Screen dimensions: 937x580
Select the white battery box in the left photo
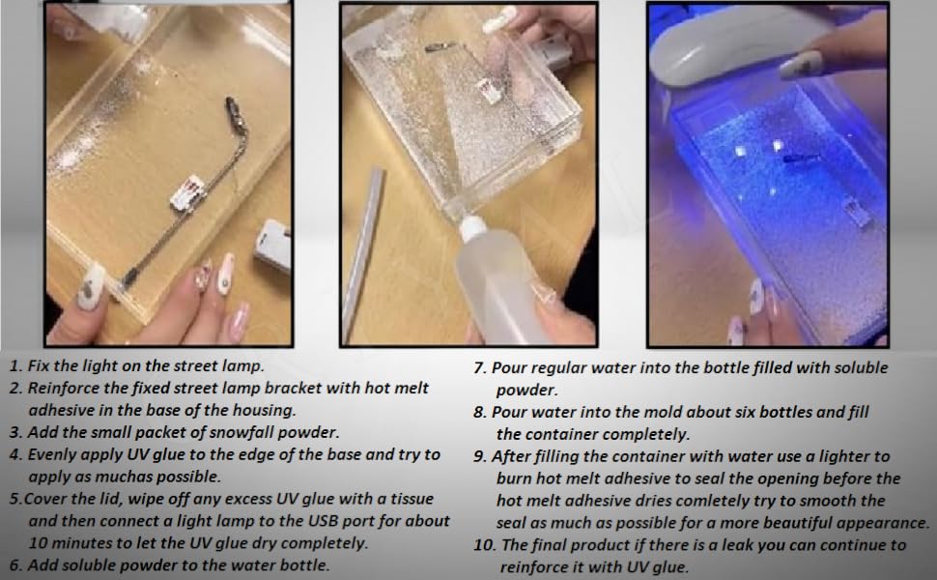coord(273,246)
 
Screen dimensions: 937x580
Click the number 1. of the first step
coord(15,366)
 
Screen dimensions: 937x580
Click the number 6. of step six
coord(15,565)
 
